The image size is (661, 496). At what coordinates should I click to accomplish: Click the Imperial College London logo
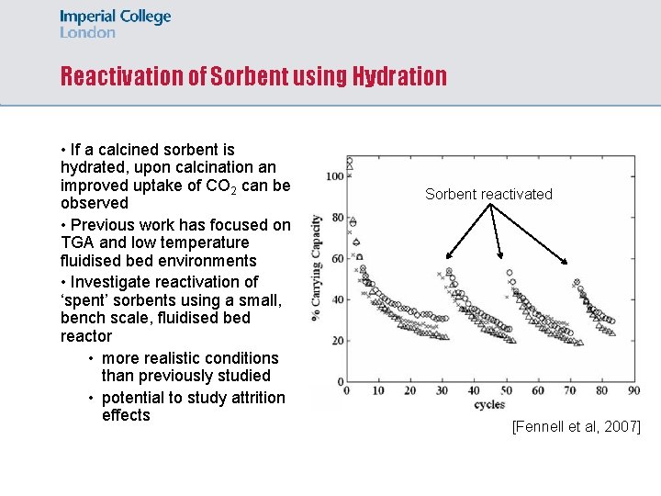(x=116, y=24)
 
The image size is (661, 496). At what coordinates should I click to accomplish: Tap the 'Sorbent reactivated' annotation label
(x=488, y=194)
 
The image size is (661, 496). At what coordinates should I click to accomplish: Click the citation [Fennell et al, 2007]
(x=576, y=427)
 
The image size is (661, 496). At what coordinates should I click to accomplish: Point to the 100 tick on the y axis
(x=334, y=176)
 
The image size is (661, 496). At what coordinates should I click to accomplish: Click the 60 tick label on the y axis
(x=337, y=259)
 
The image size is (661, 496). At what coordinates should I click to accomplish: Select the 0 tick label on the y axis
(x=340, y=382)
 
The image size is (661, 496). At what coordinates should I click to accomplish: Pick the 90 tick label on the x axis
(x=633, y=391)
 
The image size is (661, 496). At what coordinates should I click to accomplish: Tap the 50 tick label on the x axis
(x=506, y=391)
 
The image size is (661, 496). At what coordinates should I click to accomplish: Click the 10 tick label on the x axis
(x=377, y=391)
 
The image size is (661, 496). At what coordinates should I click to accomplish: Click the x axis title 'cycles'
(x=489, y=405)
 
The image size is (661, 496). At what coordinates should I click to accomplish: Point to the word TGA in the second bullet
(x=77, y=242)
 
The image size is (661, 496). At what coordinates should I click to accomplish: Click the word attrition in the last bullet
(x=254, y=397)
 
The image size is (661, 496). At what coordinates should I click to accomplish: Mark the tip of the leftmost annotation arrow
(x=446, y=260)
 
